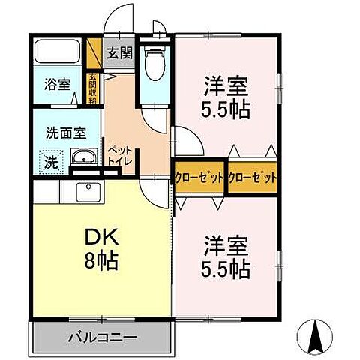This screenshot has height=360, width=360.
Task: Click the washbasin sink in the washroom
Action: [x=82, y=157]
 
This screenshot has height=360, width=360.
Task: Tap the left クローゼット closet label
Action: [x=199, y=178]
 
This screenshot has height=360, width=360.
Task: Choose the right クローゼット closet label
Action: [x=252, y=178]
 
